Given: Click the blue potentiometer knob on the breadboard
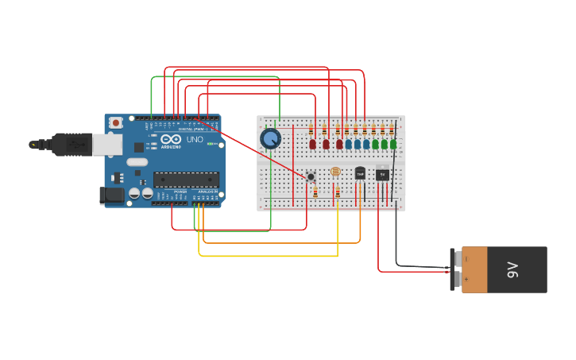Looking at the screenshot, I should pyautogui.click(x=270, y=138).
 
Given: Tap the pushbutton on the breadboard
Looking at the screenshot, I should pyautogui.click(x=311, y=176).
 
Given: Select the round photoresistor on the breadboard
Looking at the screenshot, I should pyautogui.click(x=334, y=172).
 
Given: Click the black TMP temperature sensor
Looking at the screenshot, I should pyautogui.click(x=360, y=173).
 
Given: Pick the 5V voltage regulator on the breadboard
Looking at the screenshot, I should pyautogui.click(x=382, y=174).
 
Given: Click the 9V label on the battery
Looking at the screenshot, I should pyautogui.click(x=513, y=269).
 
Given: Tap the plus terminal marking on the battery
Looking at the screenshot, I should pyautogui.click(x=466, y=280).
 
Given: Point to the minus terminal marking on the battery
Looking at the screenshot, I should pyautogui.click(x=466, y=259).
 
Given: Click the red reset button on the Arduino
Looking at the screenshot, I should pyautogui.click(x=116, y=122).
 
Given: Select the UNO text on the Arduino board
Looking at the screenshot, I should pyautogui.click(x=195, y=140).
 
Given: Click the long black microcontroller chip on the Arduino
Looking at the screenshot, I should pyautogui.click(x=186, y=180).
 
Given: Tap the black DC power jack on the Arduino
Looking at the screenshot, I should pyautogui.click(x=112, y=195).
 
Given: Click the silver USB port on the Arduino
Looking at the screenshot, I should pyautogui.click(x=106, y=144).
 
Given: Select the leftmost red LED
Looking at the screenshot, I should pyautogui.click(x=313, y=145).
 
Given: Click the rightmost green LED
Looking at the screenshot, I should pyautogui.click(x=393, y=144).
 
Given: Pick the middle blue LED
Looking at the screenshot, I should pyautogui.click(x=358, y=145).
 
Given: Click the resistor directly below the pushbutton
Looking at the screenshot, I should pyautogui.click(x=315, y=192).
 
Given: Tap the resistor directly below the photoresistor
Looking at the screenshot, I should pyautogui.click(x=338, y=192).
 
